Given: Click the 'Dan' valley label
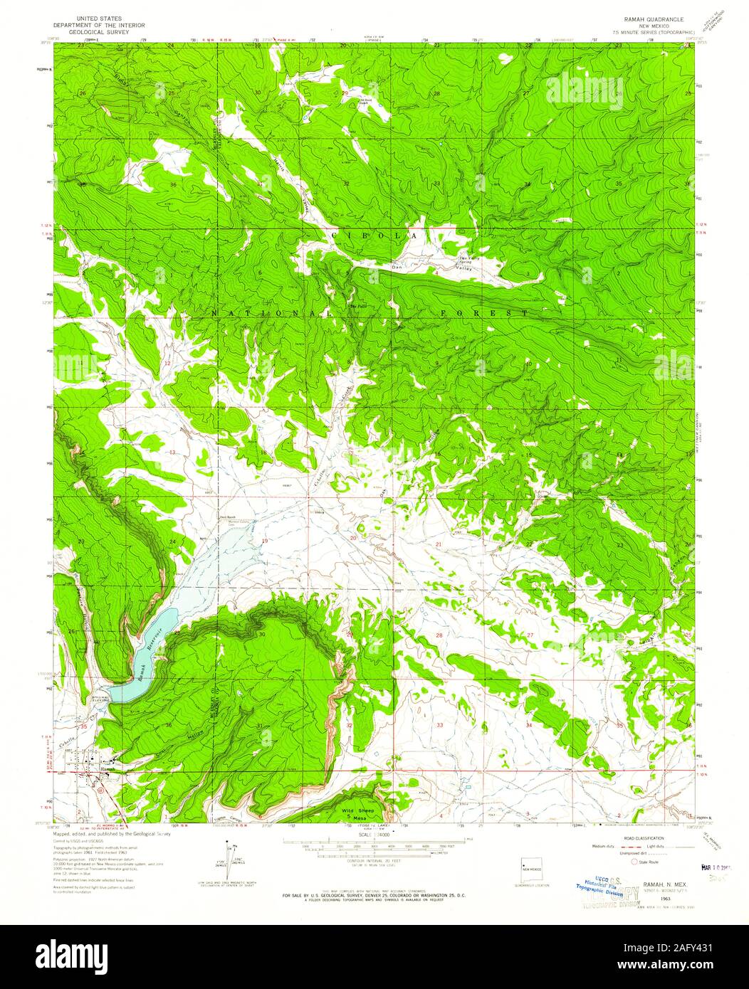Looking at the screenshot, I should pyautogui.click(x=397, y=268).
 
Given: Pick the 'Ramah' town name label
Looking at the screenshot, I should pyautogui.click(x=107, y=769).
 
